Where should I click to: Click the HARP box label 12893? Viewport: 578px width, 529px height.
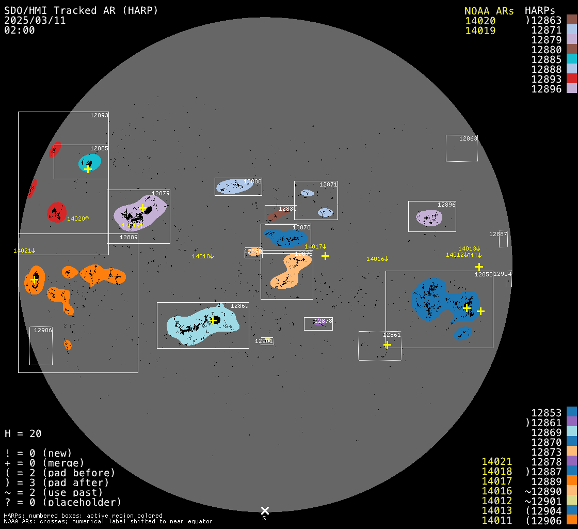click(99, 115)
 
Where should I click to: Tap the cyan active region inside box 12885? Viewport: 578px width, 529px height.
click(90, 162)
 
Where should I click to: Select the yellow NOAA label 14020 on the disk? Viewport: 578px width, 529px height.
click(78, 219)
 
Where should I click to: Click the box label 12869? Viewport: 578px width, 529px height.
click(239, 306)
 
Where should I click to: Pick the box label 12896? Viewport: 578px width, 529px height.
click(446, 205)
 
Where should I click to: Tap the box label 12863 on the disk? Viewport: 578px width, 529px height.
click(468, 138)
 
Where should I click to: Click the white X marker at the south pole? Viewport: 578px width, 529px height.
click(265, 510)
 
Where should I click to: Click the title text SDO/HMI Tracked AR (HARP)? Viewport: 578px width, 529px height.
click(81, 10)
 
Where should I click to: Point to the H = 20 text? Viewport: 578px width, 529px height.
click(23, 433)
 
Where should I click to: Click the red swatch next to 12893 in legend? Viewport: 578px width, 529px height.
click(571, 79)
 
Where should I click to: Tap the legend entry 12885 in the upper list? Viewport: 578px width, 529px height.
click(546, 59)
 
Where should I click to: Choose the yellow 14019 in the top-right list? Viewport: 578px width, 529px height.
click(480, 30)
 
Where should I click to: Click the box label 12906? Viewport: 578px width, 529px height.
click(43, 330)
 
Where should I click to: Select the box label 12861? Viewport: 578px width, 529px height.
click(392, 335)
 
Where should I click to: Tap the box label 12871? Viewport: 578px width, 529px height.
click(328, 184)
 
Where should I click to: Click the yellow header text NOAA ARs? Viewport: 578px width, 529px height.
click(489, 11)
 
